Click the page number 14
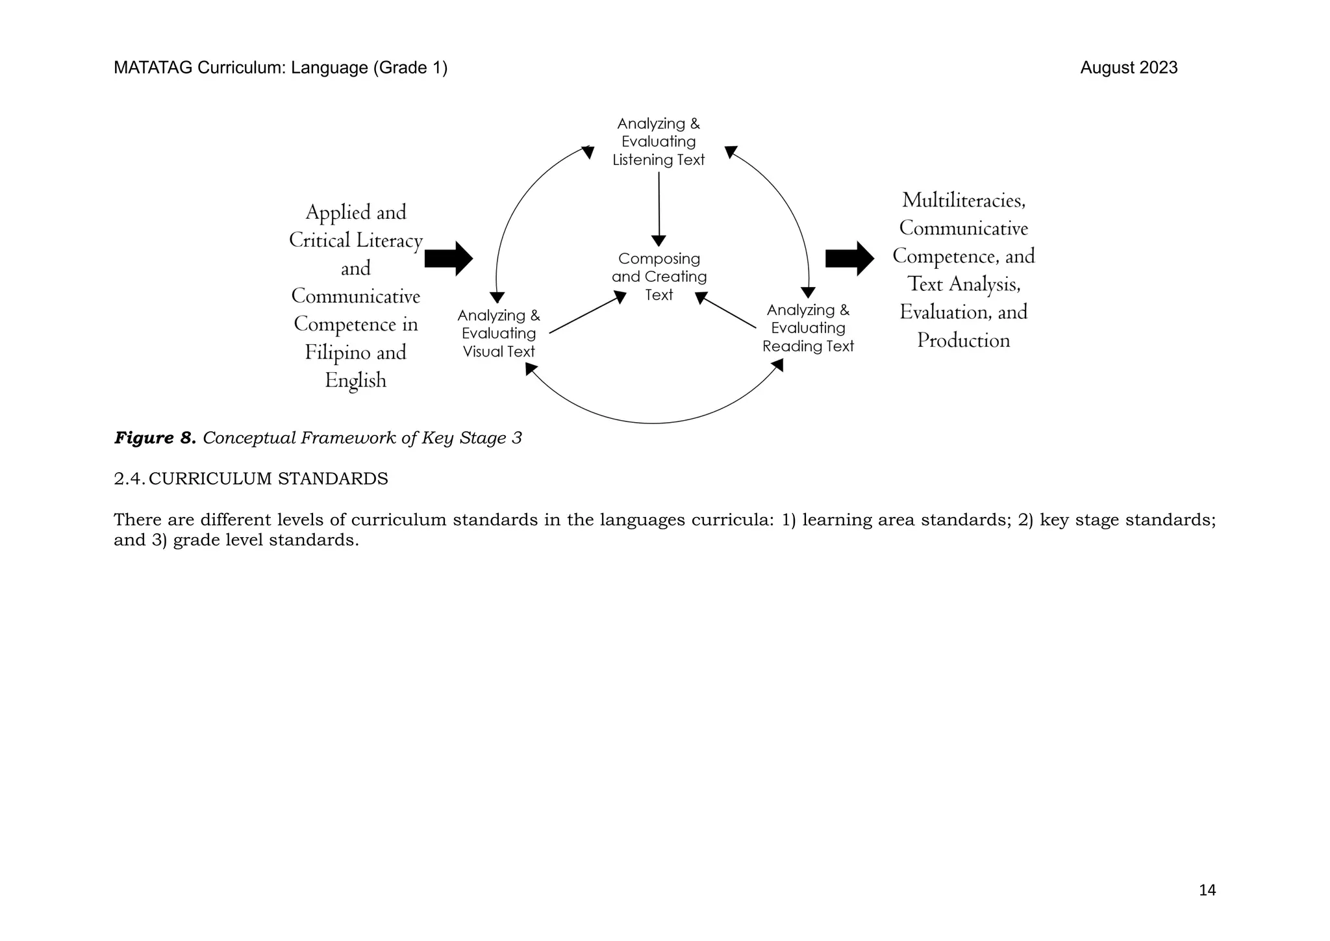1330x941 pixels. point(1207,890)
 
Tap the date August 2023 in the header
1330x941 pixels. point(1128,68)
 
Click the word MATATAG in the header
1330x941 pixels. point(153,68)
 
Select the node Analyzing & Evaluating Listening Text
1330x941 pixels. point(659,142)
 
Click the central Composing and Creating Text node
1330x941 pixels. point(659,277)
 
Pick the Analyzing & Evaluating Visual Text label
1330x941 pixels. point(499,333)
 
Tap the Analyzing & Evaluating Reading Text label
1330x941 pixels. point(808,328)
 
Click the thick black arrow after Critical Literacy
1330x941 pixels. point(448,258)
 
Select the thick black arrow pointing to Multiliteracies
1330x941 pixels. point(849,258)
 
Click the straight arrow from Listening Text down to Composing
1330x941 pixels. point(659,208)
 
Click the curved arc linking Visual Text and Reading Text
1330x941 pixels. point(653,423)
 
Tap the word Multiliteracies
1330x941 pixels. point(964,201)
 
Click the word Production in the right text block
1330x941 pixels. point(963,341)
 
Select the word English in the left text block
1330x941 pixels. point(355,381)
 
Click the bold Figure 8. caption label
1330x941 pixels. point(155,438)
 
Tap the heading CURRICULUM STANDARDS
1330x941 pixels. point(268,479)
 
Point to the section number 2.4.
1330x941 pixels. point(129,479)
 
